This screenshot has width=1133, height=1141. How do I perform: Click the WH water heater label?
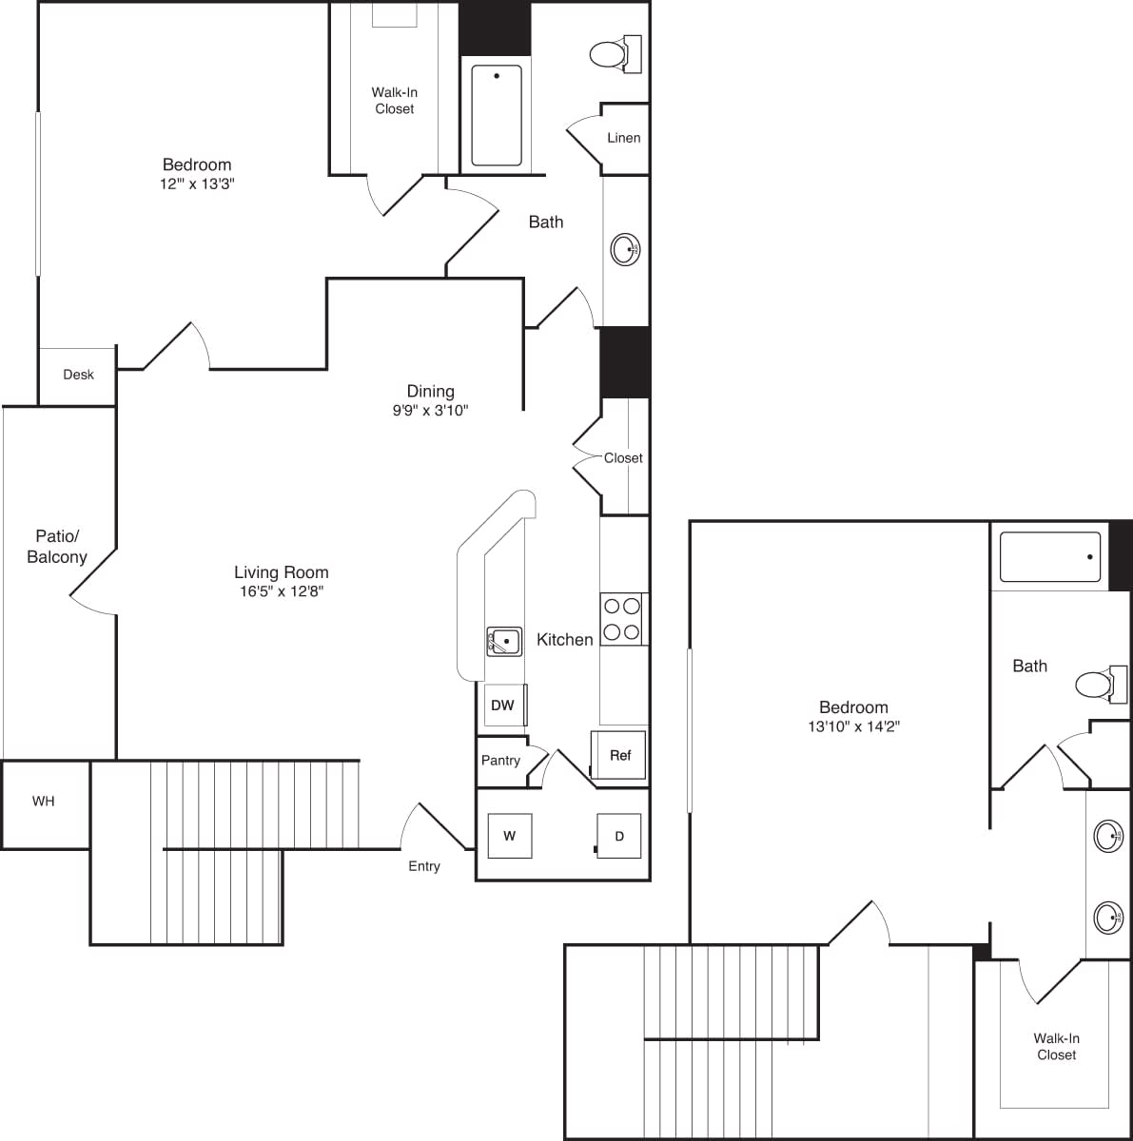coord(44,802)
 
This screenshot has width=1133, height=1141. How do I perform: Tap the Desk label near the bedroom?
coord(78,375)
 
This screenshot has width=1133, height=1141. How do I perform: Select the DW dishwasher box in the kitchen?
coord(503,705)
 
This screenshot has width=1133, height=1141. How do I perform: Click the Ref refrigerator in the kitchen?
coord(619,755)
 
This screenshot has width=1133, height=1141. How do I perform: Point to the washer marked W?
coord(509,836)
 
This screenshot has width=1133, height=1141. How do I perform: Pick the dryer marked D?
coord(618,837)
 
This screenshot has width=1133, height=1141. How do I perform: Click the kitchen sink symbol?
coord(504,642)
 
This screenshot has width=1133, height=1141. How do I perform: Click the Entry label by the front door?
coord(424,866)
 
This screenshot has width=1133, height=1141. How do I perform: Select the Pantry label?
coord(500,761)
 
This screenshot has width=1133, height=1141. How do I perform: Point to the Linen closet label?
coord(623,138)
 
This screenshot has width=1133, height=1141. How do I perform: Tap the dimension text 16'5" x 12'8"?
coord(282,591)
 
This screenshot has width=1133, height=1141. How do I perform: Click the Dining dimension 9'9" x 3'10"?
coord(430,411)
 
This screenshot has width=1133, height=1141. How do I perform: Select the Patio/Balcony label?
coord(57,548)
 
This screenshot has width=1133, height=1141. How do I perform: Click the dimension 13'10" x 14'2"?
coord(853,726)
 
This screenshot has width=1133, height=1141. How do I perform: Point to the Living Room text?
coord(282,572)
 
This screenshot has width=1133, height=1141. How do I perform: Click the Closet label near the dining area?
coord(623,458)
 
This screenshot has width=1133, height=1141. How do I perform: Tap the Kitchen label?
coord(564,640)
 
